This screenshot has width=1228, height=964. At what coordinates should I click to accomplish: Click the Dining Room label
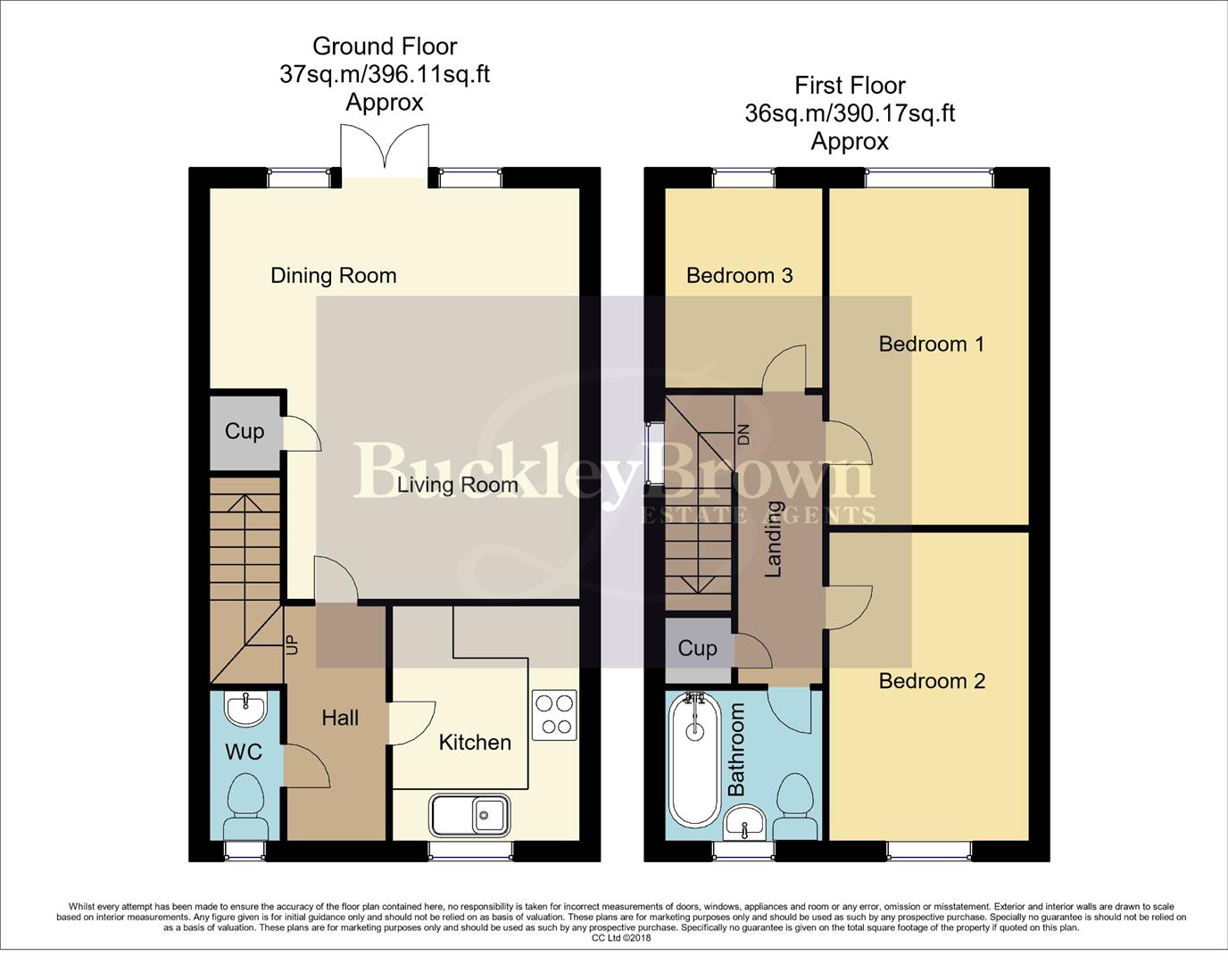(333, 276)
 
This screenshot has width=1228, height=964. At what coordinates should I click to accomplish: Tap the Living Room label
(457, 485)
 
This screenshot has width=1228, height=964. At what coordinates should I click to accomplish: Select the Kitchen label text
(475, 743)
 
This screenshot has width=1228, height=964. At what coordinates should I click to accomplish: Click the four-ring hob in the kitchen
(553, 715)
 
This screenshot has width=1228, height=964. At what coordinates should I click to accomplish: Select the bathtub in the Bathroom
(695, 759)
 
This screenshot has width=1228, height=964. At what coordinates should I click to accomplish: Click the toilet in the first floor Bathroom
(794, 802)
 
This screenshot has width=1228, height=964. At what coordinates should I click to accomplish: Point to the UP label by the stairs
(290, 644)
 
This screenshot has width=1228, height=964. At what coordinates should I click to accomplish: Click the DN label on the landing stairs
(743, 435)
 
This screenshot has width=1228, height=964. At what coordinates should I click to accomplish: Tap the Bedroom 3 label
(739, 276)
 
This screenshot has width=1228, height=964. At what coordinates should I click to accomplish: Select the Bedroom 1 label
(931, 345)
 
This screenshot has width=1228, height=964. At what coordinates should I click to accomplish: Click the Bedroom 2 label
(932, 682)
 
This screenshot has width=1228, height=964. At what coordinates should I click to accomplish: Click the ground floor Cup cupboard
(245, 432)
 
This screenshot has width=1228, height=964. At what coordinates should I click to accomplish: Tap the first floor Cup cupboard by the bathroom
(697, 648)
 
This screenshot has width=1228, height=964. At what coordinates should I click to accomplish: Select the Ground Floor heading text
(385, 46)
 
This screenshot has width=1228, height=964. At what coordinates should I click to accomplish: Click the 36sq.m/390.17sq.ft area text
(850, 113)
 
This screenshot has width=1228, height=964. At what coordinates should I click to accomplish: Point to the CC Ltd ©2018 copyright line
(621, 938)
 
